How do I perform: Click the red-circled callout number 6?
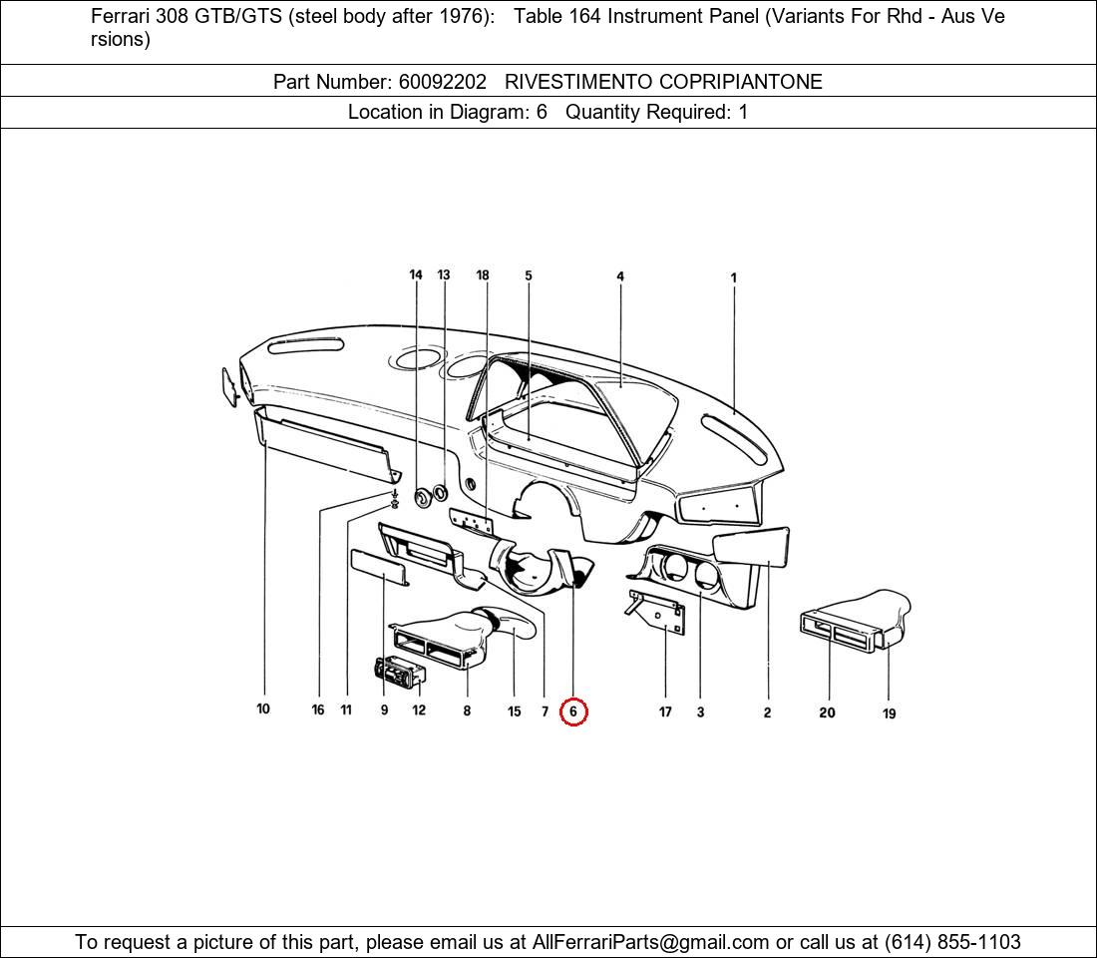(x=573, y=712)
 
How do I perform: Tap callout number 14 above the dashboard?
(x=416, y=275)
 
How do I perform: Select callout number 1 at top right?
(x=734, y=278)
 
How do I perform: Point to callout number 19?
(x=889, y=714)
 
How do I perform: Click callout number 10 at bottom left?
(x=263, y=710)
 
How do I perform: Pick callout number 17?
(x=665, y=712)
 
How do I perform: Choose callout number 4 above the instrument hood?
(x=620, y=276)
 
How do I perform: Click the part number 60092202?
(x=442, y=82)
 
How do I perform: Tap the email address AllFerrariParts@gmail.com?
(x=651, y=942)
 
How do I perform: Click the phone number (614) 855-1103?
(x=952, y=942)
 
